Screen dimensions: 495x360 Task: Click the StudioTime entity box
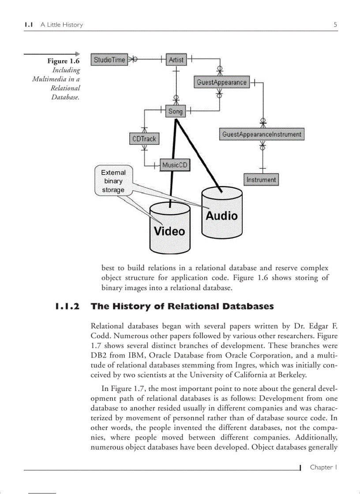109,60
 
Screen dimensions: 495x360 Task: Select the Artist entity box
176,60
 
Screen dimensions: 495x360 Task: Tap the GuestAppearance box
221,82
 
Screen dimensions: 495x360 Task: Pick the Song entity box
175,112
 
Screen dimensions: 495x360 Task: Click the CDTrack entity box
144,139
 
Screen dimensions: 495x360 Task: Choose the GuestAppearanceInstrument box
262,134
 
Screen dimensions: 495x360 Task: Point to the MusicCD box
175,165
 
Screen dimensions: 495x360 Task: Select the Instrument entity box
261,180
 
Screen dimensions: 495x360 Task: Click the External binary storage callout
113,181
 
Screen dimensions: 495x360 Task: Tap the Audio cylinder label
221,216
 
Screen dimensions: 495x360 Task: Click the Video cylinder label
169,231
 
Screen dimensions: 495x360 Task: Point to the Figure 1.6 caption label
64,61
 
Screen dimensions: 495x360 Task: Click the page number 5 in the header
335,25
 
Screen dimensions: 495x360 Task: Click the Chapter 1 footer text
323,467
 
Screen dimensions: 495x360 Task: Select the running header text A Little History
62,25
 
